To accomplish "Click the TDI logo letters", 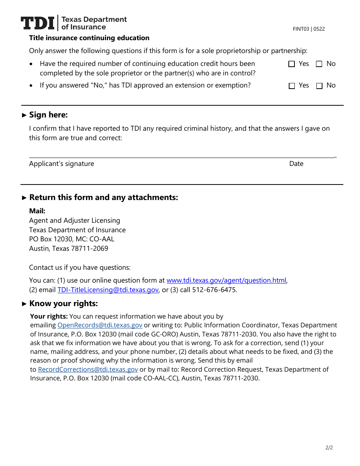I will coord(38,23).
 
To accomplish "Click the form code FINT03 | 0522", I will coord(308,29).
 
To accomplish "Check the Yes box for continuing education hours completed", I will coord(291,64).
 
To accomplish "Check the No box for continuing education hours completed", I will coord(319,64).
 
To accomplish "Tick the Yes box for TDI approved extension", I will coord(291,86).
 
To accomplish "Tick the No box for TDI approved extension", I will coord(319,86).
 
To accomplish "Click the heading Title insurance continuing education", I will coord(89,38).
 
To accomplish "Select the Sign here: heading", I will coord(48,115).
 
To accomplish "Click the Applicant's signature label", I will coord(61,164).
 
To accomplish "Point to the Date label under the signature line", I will coord(296,164).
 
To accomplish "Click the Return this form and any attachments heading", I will coord(103,197).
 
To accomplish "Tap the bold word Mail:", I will coord(37,211).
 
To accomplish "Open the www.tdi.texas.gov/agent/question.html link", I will coord(226,280).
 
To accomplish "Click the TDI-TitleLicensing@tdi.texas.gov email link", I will coord(108,290).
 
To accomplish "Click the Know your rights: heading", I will coord(63,303).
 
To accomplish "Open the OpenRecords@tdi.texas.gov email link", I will coord(100,325).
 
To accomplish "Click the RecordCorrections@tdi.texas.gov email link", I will coord(88,369).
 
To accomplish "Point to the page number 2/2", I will coord(329,447).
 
